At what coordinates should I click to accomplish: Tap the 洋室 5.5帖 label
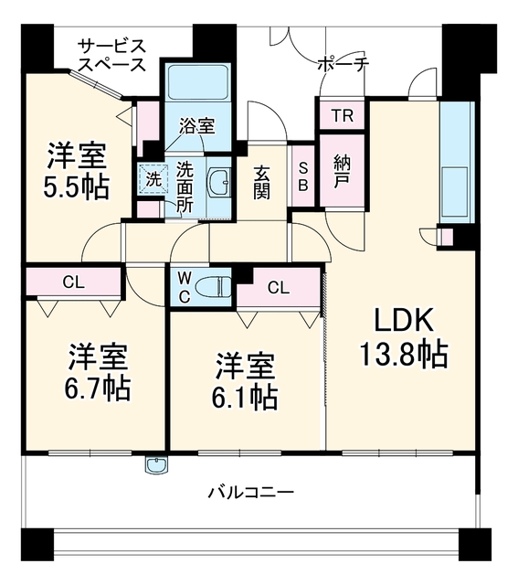(x=77, y=171)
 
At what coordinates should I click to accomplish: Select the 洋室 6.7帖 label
(x=98, y=373)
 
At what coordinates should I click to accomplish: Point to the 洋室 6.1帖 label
(x=245, y=381)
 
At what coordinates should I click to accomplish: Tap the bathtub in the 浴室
(x=197, y=83)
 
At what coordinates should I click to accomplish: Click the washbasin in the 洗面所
(x=220, y=182)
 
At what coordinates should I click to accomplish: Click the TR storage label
(x=343, y=116)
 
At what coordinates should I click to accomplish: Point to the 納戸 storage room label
(x=342, y=171)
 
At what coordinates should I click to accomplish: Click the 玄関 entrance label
(x=262, y=183)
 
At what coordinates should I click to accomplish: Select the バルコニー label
(x=250, y=493)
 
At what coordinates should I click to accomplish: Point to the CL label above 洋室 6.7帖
(x=74, y=282)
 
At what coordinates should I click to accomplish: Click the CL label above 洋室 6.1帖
(x=279, y=288)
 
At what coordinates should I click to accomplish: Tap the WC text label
(x=185, y=287)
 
